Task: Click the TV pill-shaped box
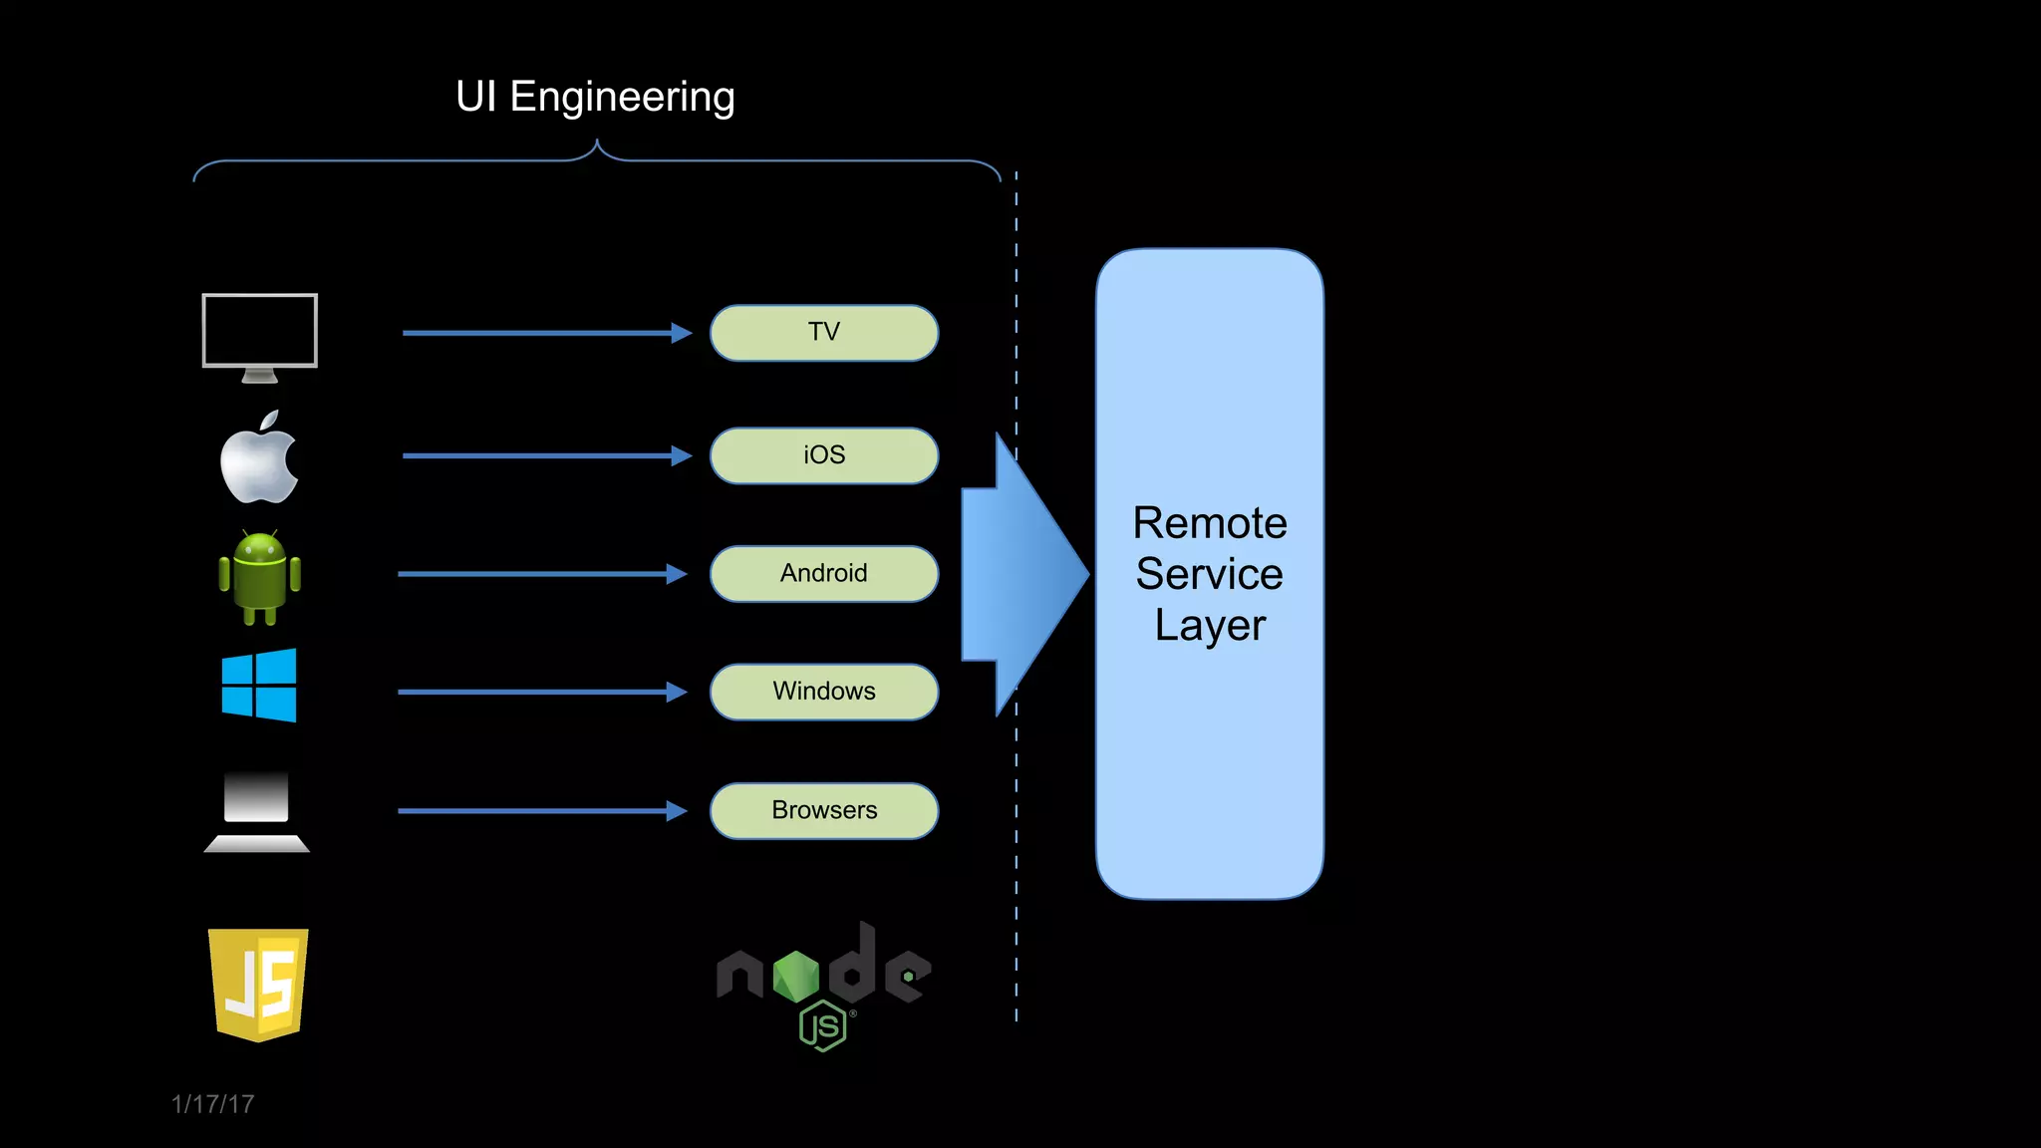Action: (x=823, y=333)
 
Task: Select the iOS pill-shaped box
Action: (x=823, y=455)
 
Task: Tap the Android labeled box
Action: (x=823, y=573)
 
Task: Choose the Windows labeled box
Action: (x=823, y=692)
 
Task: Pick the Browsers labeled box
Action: (x=823, y=810)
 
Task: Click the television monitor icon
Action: (x=259, y=335)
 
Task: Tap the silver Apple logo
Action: (x=259, y=459)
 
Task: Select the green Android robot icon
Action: (x=259, y=577)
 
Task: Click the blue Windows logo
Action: (x=259, y=686)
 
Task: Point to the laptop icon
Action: (x=257, y=811)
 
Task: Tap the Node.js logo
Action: (x=823, y=982)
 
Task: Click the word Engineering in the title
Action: (x=622, y=98)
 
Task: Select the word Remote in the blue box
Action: (x=1209, y=523)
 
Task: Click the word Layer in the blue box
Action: (x=1209, y=626)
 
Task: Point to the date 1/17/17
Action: (x=212, y=1104)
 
